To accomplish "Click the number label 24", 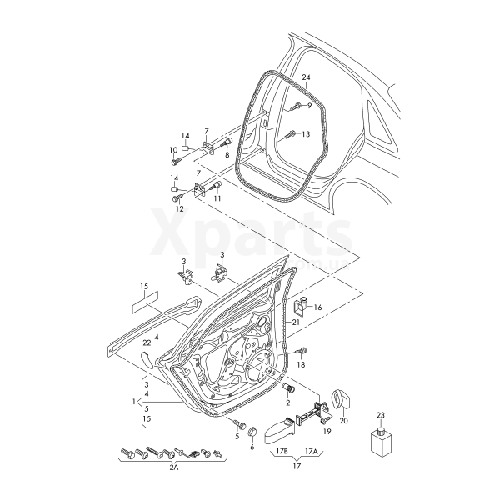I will (x=306, y=78).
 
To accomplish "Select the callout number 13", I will (x=305, y=134).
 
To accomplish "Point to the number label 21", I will (x=294, y=323).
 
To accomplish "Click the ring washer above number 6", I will (x=252, y=431).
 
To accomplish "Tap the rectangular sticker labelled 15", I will (x=144, y=300).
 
